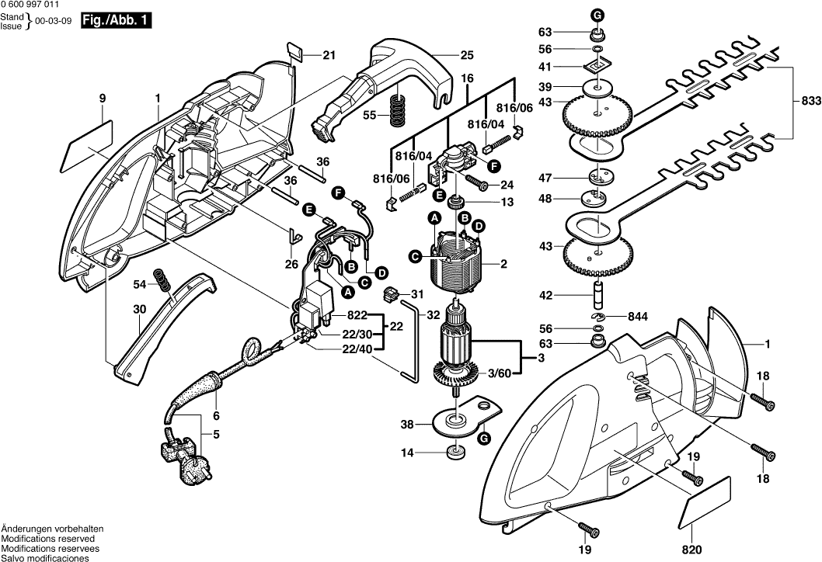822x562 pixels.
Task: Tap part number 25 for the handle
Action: click(466, 55)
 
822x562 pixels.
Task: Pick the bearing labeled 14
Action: click(454, 452)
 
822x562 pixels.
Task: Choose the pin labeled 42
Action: click(598, 296)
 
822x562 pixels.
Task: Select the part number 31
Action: click(417, 293)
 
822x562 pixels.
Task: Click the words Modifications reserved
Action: click(48, 538)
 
